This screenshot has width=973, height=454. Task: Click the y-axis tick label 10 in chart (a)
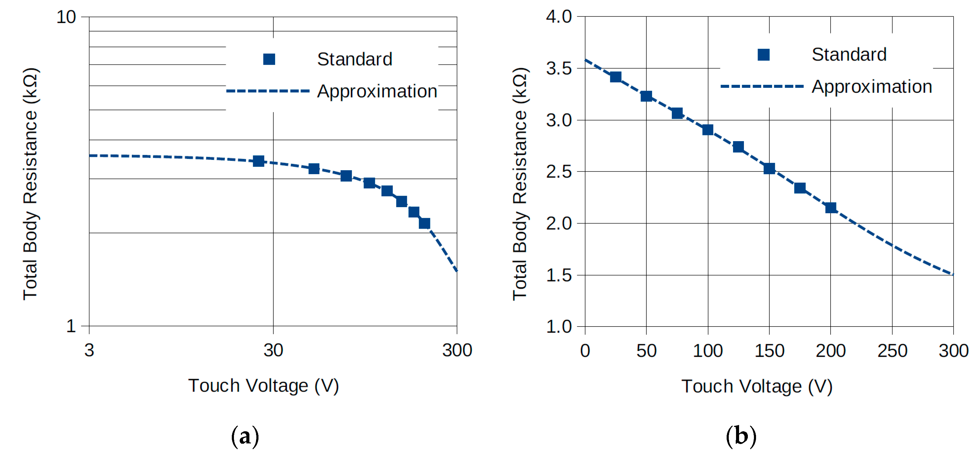point(66,17)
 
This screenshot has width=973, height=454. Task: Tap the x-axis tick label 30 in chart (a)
point(273,350)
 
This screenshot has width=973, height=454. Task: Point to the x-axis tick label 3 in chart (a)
point(89,350)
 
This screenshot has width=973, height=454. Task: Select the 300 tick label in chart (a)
point(457,350)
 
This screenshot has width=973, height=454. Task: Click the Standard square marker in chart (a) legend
point(269,59)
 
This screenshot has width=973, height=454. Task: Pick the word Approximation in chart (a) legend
point(377,91)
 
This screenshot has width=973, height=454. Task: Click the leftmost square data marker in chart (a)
point(258,161)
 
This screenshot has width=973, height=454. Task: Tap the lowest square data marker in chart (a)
point(425,224)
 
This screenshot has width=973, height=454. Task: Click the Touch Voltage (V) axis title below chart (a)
point(263,386)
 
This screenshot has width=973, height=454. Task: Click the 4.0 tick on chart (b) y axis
point(559,17)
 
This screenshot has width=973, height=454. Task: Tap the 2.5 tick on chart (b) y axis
point(559,172)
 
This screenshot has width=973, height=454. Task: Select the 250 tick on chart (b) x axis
point(892,351)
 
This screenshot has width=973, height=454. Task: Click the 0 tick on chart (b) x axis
point(585,351)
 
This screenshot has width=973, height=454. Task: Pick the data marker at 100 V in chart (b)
point(708,130)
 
